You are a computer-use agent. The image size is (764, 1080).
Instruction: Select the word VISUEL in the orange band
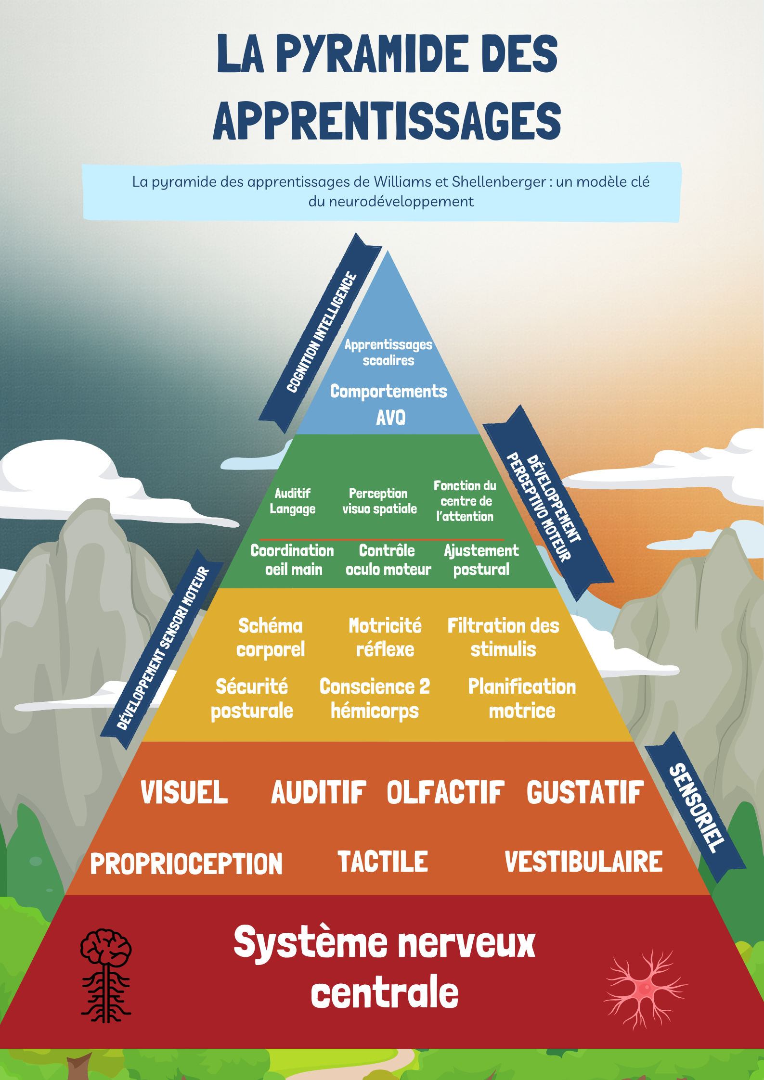(184, 793)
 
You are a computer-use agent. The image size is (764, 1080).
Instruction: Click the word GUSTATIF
(585, 793)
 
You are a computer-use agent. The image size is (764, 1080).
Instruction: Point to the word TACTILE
(383, 862)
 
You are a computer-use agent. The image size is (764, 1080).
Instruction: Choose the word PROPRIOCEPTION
(186, 864)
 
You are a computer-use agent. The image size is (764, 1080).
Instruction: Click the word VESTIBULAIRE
(583, 862)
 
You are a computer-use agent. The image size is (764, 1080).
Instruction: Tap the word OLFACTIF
(445, 793)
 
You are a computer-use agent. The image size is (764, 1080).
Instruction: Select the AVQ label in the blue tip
(390, 418)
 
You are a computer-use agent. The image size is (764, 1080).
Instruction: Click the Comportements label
(388, 392)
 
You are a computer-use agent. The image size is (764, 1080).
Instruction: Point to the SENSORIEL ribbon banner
(696, 808)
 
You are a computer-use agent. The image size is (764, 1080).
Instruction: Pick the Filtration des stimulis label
(503, 637)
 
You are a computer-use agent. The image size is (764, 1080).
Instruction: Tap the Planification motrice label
(522, 699)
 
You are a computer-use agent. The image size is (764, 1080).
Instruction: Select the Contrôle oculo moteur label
(388, 560)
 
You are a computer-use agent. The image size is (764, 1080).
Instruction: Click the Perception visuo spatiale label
(379, 501)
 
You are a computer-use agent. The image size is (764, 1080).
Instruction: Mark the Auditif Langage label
(293, 501)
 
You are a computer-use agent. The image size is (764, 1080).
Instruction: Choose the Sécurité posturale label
(252, 699)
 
